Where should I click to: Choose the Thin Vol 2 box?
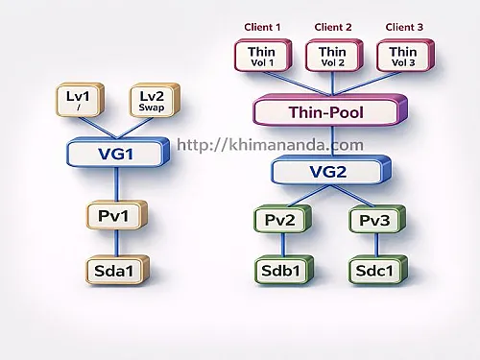click(x=332, y=57)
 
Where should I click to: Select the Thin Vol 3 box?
click(x=403, y=57)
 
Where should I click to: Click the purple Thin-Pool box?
click(x=326, y=111)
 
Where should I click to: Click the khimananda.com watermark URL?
click(x=271, y=146)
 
